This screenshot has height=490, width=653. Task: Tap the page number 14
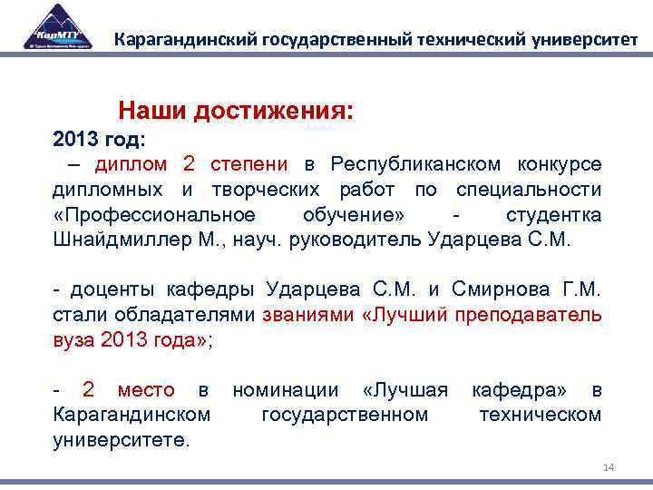click(x=609, y=467)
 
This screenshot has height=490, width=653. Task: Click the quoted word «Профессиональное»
click(x=153, y=215)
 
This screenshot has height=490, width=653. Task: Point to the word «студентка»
click(x=553, y=215)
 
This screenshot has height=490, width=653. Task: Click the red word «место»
click(x=146, y=390)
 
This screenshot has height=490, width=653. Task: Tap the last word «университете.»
click(x=122, y=440)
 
